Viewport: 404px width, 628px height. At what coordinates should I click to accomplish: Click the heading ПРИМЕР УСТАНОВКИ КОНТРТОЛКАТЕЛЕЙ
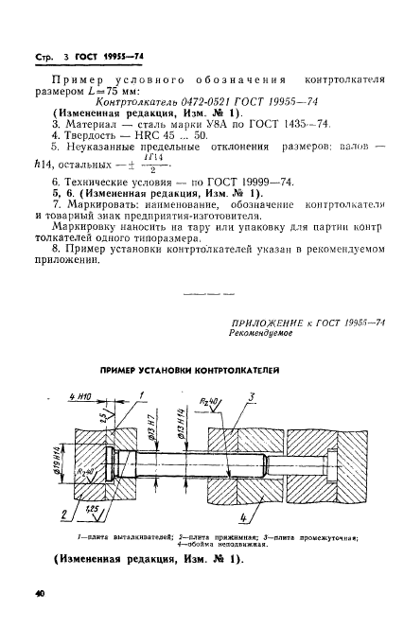click(x=201, y=370)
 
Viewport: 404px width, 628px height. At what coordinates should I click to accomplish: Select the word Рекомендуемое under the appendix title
click(x=261, y=336)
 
